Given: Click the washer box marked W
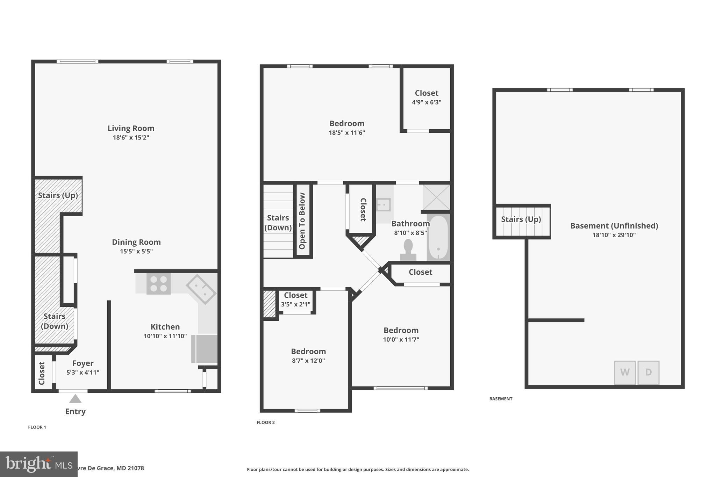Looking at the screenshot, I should click(625, 373).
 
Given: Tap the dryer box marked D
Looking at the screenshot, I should click(648, 373).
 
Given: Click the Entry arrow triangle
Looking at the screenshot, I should click(75, 399).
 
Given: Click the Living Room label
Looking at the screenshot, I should click(131, 128).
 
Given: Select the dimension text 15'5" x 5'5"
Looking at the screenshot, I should click(136, 251).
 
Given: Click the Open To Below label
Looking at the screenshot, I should click(302, 221).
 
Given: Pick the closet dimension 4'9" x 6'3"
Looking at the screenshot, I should click(427, 102).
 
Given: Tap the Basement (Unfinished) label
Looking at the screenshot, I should click(614, 226).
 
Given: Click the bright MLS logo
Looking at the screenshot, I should click(38, 464).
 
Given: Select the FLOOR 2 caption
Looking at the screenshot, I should click(266, 422).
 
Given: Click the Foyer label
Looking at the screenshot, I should click(83, 363).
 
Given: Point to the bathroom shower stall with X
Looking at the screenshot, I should click(436, 197).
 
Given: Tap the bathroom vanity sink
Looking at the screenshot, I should click(384, 205).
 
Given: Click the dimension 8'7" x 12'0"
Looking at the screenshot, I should click(308, 361).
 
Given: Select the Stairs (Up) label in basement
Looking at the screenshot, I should click(521, 219).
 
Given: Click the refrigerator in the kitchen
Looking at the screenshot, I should click(205, 349).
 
